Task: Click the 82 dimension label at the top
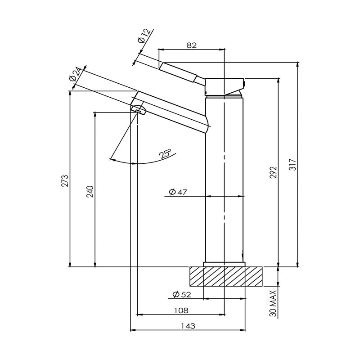(x=192, y=45)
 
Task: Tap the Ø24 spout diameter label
(x=76, y=74)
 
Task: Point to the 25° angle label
(x=165, y=154)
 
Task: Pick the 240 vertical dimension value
(x=90, y=191)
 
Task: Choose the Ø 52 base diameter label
(x=181, y=295)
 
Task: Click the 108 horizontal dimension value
(x=181, y=310)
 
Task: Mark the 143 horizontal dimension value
(x=189, y=326)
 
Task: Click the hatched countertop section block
(x=225, y=276)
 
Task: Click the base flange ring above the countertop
(x=225, y=264)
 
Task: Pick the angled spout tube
(x=173, y=111)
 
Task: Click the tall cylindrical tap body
(x=225, y=180)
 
